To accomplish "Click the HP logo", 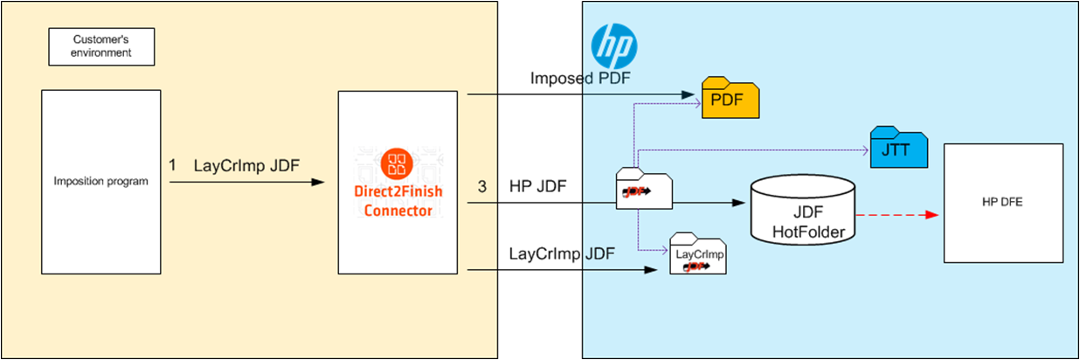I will [x=613, y=44].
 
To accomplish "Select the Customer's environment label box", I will [x=101, y=46].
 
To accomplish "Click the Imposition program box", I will [x=101, y=181].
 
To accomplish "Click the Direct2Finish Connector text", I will [x=398, y=203].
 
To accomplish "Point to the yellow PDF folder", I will [x=730, y=98].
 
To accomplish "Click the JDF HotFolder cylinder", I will [x=802, y=210].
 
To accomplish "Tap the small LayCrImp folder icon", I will [x=698, y=255].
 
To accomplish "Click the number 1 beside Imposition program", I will [x=172, y=164].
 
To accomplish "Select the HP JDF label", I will [x=537, y=186].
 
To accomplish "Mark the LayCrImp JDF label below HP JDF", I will [x=561, y=253].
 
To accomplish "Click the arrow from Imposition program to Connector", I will [x=245, y=182].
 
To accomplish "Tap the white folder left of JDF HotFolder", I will [x=644, y=188].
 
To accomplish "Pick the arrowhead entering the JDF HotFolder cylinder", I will [x=739, y=204].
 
